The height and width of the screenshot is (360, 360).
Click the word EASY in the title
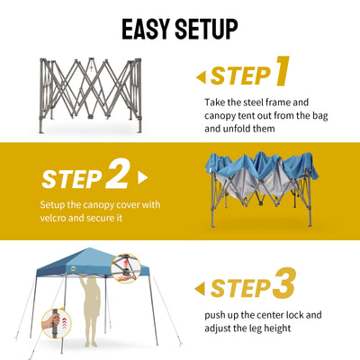[x=146, y=29]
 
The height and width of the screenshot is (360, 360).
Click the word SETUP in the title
[x=206, y=29]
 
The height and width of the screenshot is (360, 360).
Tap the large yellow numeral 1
[x=282, y=71]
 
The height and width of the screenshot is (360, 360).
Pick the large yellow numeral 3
[x=283, y=283]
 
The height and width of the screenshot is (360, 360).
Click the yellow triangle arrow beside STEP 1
[x=202, y=77]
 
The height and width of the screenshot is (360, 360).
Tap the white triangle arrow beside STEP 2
[x=142, y=177]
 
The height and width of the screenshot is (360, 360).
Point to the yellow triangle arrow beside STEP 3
[x=200, y=289]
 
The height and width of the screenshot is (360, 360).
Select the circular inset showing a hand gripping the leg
[x=57, y=324]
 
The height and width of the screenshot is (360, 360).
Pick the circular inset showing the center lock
[x=126, y=268]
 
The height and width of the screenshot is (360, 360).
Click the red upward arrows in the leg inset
[x=64, y=324]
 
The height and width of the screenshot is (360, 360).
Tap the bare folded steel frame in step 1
[x=91, y=95]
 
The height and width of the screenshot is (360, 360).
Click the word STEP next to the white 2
[x=72, y=179]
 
